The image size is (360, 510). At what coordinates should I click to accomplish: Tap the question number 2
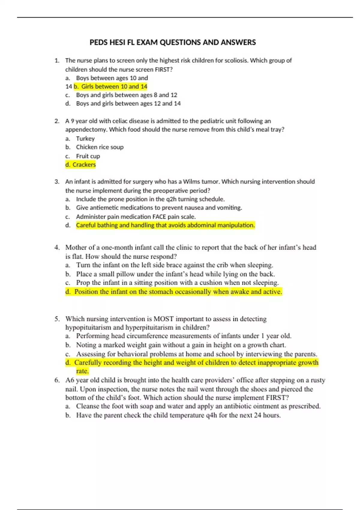point(57,121)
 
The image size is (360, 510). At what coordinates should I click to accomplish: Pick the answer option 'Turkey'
point(85,139)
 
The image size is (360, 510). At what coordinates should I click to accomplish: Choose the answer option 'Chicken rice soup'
point(100,147)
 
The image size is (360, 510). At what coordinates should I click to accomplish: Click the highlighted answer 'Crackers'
point(84,165)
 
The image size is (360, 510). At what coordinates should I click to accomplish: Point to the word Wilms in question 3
point(191,182)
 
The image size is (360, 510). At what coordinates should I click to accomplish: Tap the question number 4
point(57,247)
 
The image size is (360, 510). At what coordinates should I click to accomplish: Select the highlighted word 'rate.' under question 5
point(82,371)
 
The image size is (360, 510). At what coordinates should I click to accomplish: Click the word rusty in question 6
point(318,380)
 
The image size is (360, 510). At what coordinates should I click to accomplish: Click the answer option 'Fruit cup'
point(88,156)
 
